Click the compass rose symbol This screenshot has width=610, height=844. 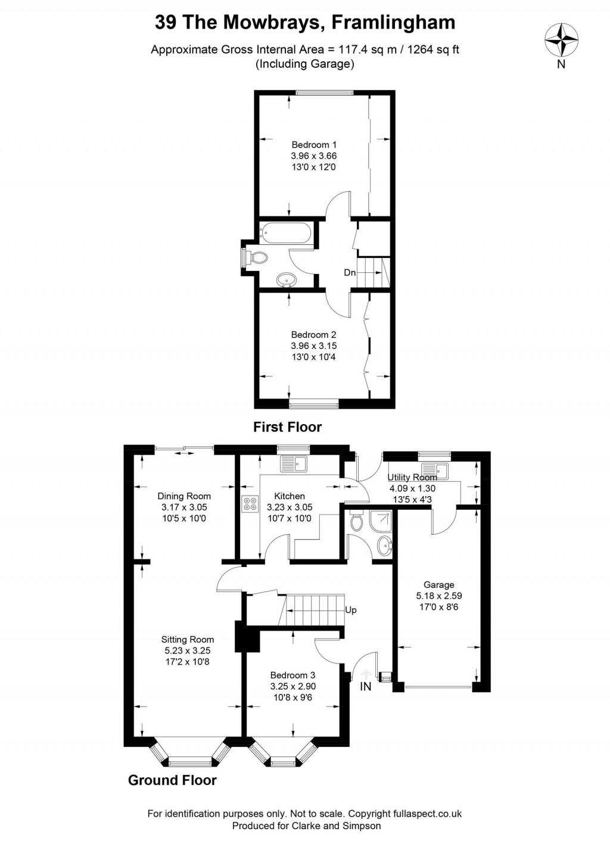click(561, 39)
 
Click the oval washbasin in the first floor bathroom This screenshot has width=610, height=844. click(287, 279)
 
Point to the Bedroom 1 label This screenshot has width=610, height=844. click(314, 145)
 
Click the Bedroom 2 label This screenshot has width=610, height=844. click(313, 334)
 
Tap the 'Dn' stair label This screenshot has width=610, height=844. click(350, 272)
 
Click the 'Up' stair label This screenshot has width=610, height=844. click(350, 610)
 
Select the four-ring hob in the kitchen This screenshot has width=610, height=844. click(251, 504)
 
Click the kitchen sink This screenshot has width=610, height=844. click(294, 463)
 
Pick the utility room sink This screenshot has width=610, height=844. click(434, 470)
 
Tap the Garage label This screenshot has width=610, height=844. click(439, 585)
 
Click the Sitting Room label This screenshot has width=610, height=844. click(187, 640)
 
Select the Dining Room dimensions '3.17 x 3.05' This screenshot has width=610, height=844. click(184, 507)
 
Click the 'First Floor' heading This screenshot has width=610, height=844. click(287, 427)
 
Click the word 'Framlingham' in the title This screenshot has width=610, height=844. click(393, 23)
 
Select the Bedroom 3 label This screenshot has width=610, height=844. click(292, 675)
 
